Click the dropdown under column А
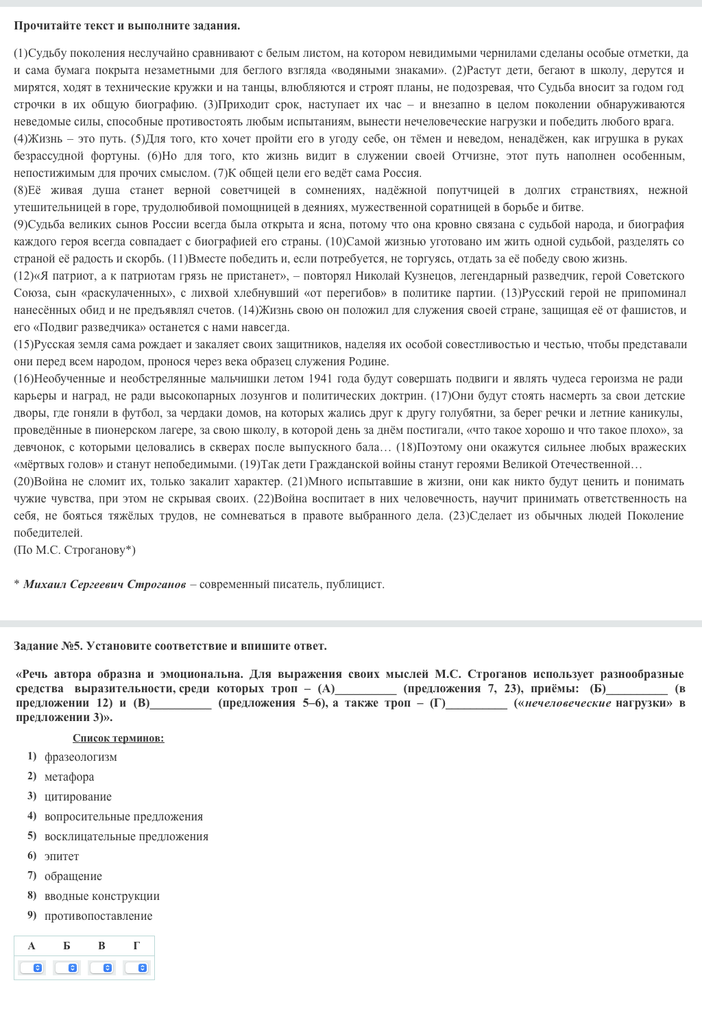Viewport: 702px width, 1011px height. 32,968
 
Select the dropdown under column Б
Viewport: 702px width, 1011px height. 66,968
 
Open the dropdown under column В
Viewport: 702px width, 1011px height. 101,968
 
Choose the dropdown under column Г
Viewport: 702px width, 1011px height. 136,968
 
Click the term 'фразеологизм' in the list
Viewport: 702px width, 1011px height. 80,757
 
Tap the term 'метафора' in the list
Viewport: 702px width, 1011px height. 69,777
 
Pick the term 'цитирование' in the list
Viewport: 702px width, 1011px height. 77,796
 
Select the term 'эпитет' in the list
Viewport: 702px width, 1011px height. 62,856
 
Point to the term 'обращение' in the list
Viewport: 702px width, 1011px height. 73,876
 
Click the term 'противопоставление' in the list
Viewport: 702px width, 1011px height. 98,916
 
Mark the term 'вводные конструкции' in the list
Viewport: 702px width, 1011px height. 101,896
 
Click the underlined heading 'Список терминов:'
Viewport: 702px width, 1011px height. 118,738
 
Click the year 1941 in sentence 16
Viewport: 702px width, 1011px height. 320,378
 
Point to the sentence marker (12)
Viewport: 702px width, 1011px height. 24,276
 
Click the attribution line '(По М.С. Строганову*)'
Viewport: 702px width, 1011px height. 75,550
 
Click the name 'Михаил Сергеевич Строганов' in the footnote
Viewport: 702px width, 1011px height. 104,584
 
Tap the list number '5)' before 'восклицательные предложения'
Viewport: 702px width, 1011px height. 32,836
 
